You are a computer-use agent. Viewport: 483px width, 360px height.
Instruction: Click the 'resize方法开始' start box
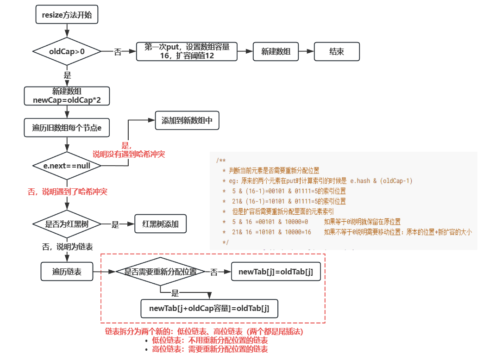(67, 15)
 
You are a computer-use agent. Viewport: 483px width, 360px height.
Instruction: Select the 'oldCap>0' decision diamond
(67, 51)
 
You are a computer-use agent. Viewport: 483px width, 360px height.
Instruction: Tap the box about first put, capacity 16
(187, 51)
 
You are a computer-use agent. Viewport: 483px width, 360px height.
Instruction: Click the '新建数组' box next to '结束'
(276, 51)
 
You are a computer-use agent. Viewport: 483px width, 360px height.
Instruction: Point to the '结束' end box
(337, 51)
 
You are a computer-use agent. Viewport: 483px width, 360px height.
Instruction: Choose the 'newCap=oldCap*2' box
(67, 96)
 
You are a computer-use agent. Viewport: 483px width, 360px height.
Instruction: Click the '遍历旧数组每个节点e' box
(67, 128)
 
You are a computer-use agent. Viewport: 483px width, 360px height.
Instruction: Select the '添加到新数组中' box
(187, 120)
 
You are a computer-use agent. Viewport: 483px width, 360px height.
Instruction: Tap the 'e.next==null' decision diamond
(67, 165)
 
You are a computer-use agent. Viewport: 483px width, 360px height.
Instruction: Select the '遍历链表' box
(67, 272)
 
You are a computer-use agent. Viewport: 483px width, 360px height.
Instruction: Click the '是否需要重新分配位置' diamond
(160, 272)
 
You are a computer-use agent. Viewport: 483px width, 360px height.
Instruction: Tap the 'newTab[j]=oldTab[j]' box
(276, 272)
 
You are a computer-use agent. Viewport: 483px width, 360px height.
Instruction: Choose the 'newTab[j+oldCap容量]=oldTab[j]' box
(209, 308)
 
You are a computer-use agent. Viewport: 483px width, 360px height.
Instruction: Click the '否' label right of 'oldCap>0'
(118, 52)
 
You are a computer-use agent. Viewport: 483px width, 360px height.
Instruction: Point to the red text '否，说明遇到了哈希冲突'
(67, 191)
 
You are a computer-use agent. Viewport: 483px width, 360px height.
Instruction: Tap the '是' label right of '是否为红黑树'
(115, 224)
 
